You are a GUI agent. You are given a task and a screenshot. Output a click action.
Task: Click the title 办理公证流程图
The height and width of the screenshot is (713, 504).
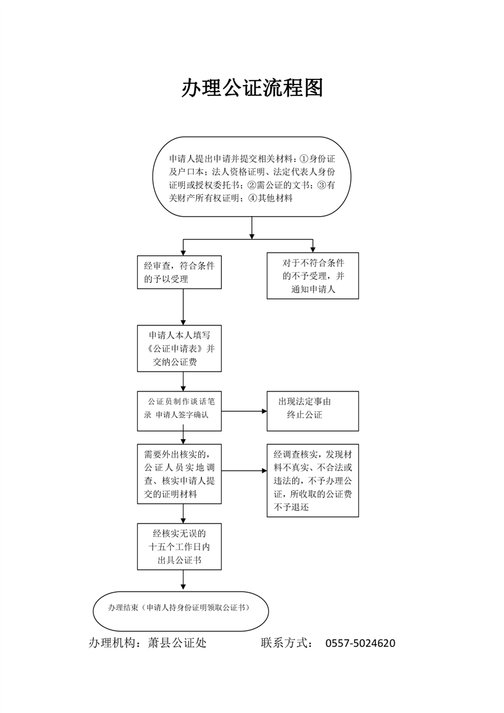pyautogui.click(x=252, y=88)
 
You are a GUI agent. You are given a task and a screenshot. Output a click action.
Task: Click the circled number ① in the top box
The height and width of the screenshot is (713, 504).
pyautogui.click(x=304, y=159)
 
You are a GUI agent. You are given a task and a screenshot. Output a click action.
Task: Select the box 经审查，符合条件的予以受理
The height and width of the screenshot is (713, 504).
pyautogui.click(x=179, y=272)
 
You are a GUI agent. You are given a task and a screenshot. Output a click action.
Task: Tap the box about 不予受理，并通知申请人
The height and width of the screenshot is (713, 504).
pyautogui.click(x=313, y=276)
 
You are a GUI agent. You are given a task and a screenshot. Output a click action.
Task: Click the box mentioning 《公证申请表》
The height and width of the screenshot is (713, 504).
pyautogui.click(x=179, y=348)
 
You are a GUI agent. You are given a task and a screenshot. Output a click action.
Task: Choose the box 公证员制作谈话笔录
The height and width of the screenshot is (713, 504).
pyautogui.click(x=179, y=411)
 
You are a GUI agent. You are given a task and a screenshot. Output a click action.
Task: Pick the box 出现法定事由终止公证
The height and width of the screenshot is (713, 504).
pyautogui.click(x=313, y=411)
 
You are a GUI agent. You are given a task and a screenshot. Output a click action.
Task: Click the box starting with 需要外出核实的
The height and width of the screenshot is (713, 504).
pyautogui.click(x=179, y=474)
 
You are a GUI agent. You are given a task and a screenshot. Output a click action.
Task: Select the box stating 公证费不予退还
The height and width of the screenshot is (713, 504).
pyautogui.click(x=313, y=480)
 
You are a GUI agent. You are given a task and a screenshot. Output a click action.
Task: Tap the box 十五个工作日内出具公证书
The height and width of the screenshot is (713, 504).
pyautogui.click(x=179, y=547)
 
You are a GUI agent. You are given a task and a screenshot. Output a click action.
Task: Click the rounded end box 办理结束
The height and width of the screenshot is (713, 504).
pyautogui.click(x=180, y=611)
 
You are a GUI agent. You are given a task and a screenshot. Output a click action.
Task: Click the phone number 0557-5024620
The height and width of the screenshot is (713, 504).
pyautogui.click(x=360, y=643)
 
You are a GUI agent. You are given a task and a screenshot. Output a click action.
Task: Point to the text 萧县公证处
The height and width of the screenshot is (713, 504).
pyautogui.click(x=177, y=642)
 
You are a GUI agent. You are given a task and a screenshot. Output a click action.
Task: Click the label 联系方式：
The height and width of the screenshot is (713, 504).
pyautogui.click(x=287, y=642)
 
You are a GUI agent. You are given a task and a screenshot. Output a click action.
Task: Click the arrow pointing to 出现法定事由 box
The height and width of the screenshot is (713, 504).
pyautogui.click(x=244, y=411)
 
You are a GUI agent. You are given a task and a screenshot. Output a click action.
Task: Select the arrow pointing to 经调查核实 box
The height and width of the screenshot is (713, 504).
pyautogui.click(x=244, y=471)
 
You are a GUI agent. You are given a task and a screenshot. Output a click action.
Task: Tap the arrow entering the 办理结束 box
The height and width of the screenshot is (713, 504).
pyautogui.click(x=183, y=581)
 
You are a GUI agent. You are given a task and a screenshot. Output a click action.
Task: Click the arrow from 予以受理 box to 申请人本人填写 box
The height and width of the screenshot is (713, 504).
pyautogui.click(x=183, y=307)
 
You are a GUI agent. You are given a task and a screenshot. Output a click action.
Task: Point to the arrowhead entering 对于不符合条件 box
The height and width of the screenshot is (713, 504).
pyautogui.click(x=313, y=248)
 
